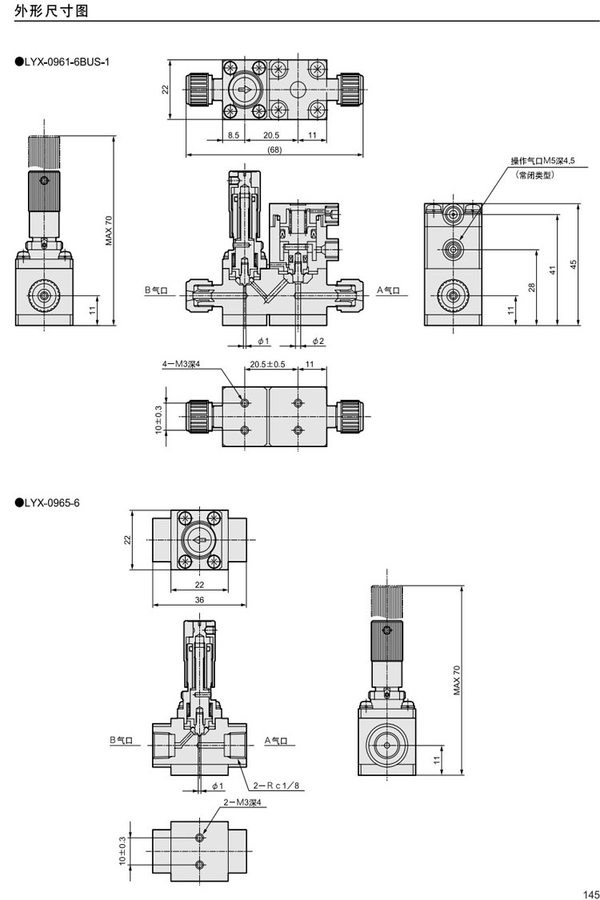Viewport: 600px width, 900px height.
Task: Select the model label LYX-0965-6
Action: (x=52, y=502)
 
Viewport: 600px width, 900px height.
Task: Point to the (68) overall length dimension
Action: (x=274, y=150)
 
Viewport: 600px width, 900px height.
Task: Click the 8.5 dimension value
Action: (x=233, y=136)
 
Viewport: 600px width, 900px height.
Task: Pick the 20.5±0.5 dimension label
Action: (x=267, y=364)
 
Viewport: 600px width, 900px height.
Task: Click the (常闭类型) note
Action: (x=536, y=174)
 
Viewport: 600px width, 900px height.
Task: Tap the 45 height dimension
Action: (x=573, y=265)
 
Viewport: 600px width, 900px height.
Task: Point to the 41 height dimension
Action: (x=552, y=270)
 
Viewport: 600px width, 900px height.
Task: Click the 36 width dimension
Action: (x=199, y=599)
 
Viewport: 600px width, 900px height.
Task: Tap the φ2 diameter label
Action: (x=318, y=341)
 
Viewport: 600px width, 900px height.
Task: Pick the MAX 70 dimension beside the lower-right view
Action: (x=458, y=679)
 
